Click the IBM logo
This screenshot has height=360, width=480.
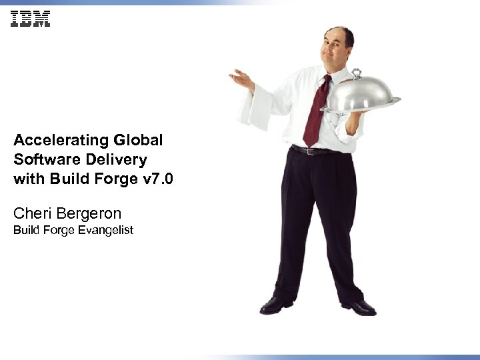pyautogui.click(x=30, y=19)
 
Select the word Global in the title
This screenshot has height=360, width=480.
pyautogui.click(x=138, y=141)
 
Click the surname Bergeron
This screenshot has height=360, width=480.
pyautogui.click(x=91, y=215)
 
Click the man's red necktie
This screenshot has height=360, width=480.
pyautogui.click(x=316, y=113)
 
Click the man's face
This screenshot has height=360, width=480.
pyautogui.click(x=337, y=49)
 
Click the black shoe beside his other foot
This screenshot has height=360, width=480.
pyautogui.click(x=275, y=305)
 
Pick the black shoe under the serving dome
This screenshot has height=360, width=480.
pyautogui.click(x=359, y=307)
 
